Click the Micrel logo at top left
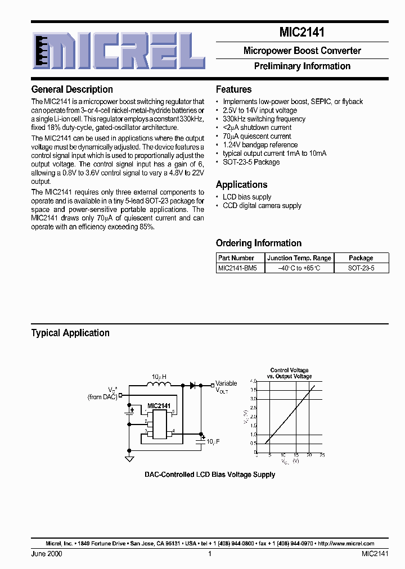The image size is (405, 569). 118,50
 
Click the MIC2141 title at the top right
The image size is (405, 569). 302,33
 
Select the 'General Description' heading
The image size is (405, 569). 72,89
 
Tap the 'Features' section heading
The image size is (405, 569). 233,89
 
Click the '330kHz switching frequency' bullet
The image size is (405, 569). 264,119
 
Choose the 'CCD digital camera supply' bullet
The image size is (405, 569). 262,206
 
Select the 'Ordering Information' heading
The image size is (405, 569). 259,243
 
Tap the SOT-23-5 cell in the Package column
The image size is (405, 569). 361,268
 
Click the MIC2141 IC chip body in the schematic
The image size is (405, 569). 160,423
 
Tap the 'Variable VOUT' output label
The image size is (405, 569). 226,387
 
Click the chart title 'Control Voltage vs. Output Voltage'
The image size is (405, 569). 289,373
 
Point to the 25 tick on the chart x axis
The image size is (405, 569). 322,455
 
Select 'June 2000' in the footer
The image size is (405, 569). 47,554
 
